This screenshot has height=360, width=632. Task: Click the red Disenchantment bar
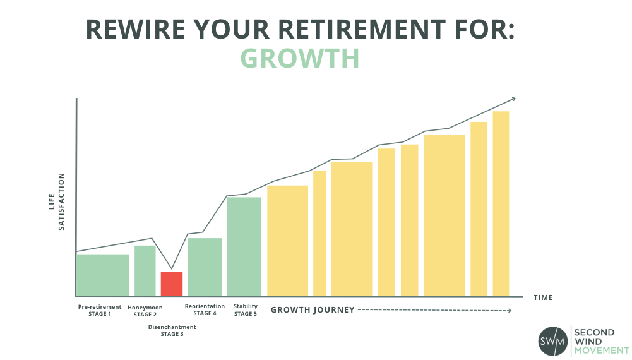point(172,284)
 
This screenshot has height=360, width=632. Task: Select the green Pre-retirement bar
point(103,275)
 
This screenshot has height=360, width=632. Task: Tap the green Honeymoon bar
point(145,271)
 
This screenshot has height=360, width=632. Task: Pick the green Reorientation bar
point(205,267)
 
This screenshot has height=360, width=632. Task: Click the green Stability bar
point(244,247)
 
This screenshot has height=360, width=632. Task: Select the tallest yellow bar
point(501,203)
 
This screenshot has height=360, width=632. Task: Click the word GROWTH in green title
point(300,59)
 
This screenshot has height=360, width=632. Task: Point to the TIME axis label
point(543,297)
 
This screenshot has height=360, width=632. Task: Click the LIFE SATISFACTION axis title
point(56,201)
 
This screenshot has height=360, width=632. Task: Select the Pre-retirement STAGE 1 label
point(100,310)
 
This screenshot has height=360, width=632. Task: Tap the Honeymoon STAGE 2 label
point(145,311)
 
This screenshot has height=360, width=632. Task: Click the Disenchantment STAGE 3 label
point(172,330)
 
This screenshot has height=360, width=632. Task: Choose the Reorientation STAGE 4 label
point(205,309)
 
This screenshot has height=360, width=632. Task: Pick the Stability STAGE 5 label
point(246,310)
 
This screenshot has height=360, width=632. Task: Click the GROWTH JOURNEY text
point(313,310)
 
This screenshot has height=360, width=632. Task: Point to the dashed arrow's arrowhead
point(510,310)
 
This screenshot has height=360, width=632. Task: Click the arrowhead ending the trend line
point(513,99)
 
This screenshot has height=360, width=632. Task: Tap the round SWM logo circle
point(553,341)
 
